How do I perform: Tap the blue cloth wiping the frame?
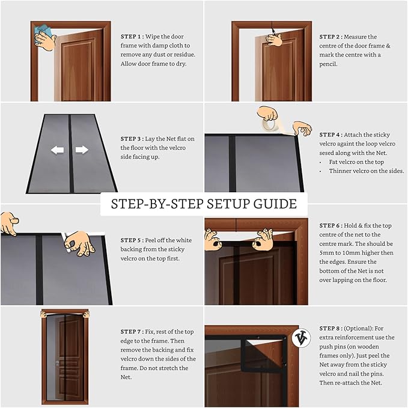tap(41, 30)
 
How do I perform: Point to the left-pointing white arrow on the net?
tap(58, 150)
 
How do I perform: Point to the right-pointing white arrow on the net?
tap(82, 150)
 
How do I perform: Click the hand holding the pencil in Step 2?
tap(275, 40)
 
